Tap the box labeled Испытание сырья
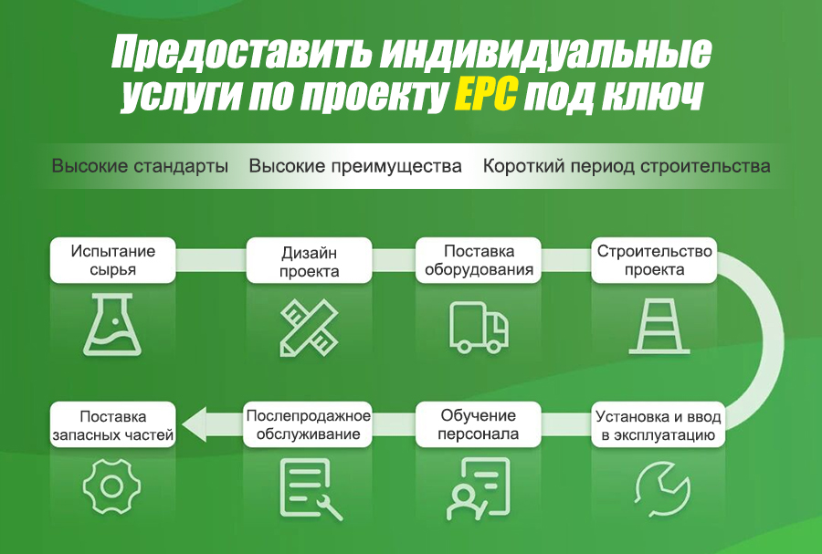[112, 260]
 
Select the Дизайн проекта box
[310, 261]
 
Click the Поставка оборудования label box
[478, 260]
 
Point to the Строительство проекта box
[654, 260]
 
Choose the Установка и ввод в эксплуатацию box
[659, 424]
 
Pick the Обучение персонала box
[478, 424]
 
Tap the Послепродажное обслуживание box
[309, 424]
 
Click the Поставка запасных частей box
[112, 424]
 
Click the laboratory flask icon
[112, 325]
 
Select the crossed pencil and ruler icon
[310, 328]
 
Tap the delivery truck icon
[479, 327]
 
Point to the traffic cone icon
[659, 326]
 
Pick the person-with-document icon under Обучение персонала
[478, 488]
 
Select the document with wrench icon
[311, 489]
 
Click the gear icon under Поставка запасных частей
[111, 486]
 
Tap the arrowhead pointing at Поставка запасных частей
[195, 424]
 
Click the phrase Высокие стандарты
[140, 166]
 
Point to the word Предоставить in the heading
[240, 52]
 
